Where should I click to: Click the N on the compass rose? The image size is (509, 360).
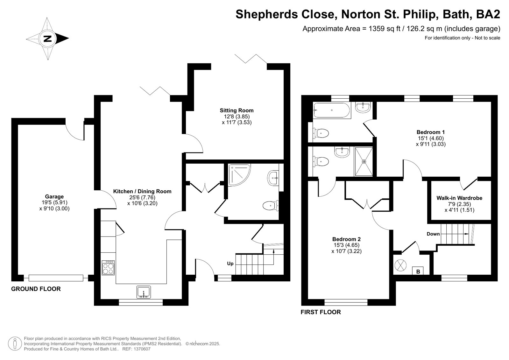click(47, 39)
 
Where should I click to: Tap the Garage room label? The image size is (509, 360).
click(54, 197)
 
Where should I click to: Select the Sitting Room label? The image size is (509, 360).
click(237, 110)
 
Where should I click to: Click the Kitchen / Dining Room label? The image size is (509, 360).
click(142, 191)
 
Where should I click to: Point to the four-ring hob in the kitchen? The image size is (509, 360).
click(108, 268)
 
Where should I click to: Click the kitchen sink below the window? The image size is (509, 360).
click(144, 292)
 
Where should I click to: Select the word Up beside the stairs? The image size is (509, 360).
click(230, 264)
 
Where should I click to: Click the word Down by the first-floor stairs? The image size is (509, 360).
click(433, 234)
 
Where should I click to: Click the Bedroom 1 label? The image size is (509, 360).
click(431, 132)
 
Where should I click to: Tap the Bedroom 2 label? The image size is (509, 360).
click(346, 239)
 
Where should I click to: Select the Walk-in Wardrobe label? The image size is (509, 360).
click(459, 198)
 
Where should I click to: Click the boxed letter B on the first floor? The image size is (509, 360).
click(418, 271)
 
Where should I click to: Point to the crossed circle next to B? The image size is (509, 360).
click(400, 265)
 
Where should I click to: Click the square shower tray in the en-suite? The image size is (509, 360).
click(364, 162)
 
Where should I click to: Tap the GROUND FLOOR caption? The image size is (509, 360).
click(36, 289)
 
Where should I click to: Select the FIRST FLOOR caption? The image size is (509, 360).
click(321, 312)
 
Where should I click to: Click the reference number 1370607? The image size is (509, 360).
click(142, 349)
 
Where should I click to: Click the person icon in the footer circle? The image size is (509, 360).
click(15, 344)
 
